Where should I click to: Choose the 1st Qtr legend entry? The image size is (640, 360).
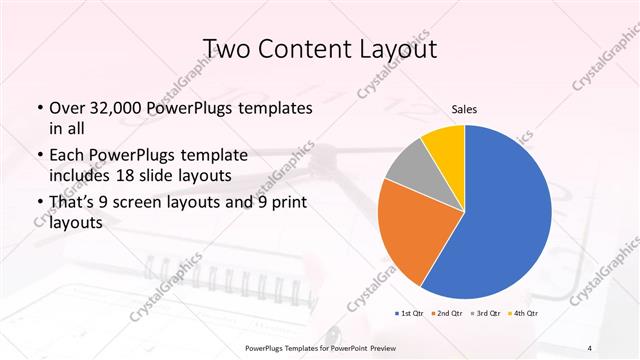click(410, 313)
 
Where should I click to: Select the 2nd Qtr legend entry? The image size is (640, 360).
click(445, 313)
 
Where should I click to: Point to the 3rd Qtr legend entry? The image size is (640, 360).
click(485, 313)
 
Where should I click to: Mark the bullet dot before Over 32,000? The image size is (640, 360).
click(39, 108)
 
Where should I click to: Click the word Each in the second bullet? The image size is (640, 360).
click(67, 155)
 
